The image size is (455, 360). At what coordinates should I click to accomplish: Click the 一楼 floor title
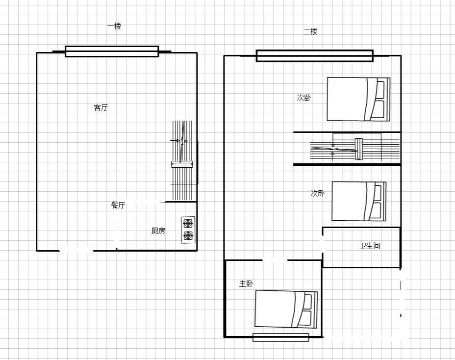pyautogui.click(x=114, y=26)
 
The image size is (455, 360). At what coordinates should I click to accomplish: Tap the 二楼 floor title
pyautogui.click(x=310, y=31)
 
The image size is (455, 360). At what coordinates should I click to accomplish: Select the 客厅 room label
pyautogui.click(x=101, y=107)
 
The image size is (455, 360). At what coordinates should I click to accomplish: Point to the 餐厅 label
pyautogui.click(x=118, y=205)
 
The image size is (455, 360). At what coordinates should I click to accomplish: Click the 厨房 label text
pyautogui.click(x=158, y=231)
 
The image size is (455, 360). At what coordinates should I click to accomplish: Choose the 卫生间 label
pyautogui.click(x=370, y=246)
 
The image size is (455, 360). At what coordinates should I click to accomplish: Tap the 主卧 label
pyautogui.click(x=246, y=283)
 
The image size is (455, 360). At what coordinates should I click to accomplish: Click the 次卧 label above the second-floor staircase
pyautogui.click(x=304, y=98)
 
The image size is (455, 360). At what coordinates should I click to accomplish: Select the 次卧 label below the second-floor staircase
pyautogui.click(x=318, y=193)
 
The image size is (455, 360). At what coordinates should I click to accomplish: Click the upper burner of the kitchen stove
pyautogui.click(x=188, y=224)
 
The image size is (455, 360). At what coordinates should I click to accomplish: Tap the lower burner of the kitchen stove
pyautogui.click(x=188, y=236)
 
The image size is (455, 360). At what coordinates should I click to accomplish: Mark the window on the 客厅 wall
pyautogui.click(x=112, y=51)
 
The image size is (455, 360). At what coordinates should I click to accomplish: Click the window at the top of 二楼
pyautogui.click(x=315, y=56)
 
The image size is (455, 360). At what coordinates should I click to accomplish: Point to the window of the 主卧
pyautogui.click(x=280, y=337)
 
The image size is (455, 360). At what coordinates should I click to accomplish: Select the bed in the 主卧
pyautogui.click(x=286, y=309)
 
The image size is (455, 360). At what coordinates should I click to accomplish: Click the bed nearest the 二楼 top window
pyautogui.click(x=358, y=99)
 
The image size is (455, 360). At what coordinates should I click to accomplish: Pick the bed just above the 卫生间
pyautogui.click(x=359, y=201)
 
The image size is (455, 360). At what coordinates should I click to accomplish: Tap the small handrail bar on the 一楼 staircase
pyautogui.click(x=182, y=164)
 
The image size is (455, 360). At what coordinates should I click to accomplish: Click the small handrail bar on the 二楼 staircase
pyautogui.click(x=359, y=149)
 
